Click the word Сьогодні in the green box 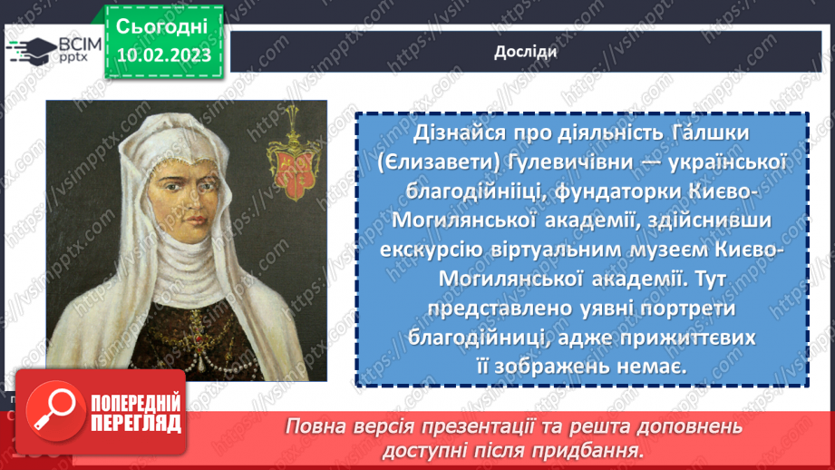tap(162, 25)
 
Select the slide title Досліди tap(525, 52)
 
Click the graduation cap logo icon tap(27, 50)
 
